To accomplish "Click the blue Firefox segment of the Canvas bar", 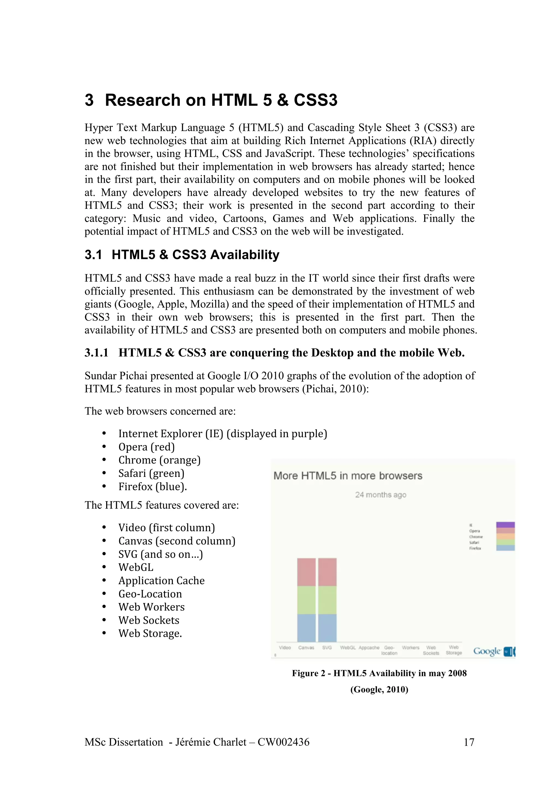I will tap(306, 628).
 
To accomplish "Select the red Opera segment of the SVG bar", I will tap(327, 572).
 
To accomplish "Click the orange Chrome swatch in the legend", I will tap(505, 536).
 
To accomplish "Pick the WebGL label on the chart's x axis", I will tap(347, 648).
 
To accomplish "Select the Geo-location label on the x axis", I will tap(389, 650).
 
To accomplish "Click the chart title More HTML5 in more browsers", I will tap(348, 476).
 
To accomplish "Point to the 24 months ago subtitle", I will tap(380, 495).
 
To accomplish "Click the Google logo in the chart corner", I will tap(487, 651).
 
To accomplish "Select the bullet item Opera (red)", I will tap(146, 447).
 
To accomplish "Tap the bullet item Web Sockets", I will tap(149, 620).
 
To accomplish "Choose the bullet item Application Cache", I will tap(162, 581).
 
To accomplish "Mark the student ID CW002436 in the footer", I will tap(284, 742).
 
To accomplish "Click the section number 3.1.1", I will tap(96, 353).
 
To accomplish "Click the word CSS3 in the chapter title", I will tap(316, 100).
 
